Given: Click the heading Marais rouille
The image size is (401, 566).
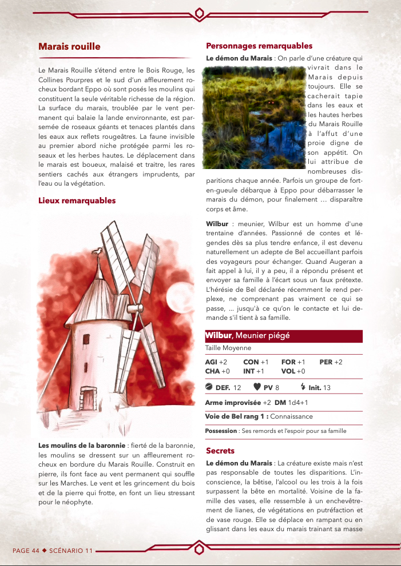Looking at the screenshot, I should (69, 46).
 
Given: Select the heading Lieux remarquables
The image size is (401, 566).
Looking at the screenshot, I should (77, 200).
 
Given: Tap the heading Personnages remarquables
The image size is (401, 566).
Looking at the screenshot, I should (259, 46).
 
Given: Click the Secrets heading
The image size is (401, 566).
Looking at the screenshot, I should (220, 451).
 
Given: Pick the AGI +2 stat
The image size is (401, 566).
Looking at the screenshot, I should (216, 362).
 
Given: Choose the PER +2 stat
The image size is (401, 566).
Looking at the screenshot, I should (331, 362).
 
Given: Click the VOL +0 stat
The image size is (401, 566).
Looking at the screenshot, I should (293, 371).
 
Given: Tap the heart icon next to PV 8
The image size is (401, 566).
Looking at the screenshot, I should (257, 387).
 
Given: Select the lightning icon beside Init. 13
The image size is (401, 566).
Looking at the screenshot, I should (303, 387).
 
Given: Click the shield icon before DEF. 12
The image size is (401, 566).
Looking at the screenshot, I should (209, 387).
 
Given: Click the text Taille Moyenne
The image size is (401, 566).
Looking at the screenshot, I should (228, 348).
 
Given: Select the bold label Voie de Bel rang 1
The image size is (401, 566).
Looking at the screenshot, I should (236, 416).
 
